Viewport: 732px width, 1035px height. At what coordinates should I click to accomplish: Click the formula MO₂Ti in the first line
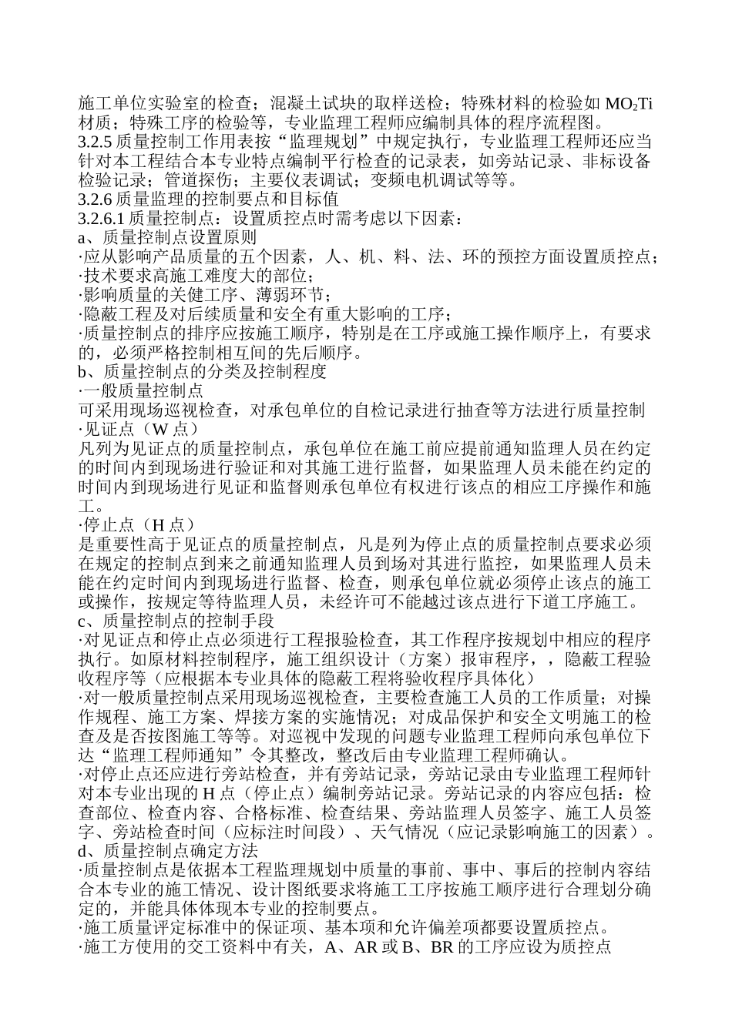click(629, 105)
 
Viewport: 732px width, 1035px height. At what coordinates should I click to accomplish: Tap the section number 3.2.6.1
click(99, 219)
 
